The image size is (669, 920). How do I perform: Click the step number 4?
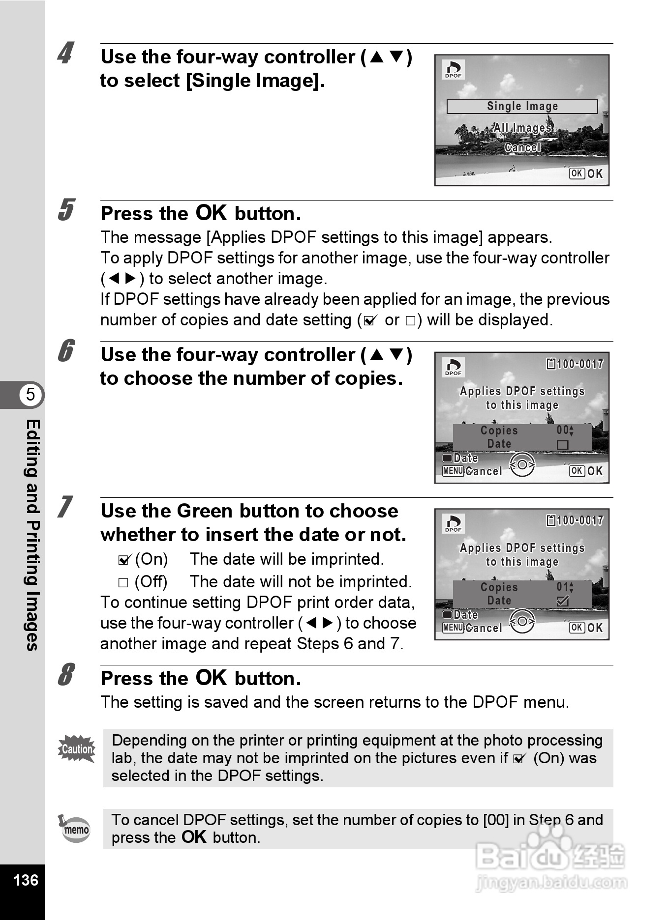coord(65,53)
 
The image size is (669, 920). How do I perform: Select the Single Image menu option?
coord(522,106)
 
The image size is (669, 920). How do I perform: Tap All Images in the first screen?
coord(522,128)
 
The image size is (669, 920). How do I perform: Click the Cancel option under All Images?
coord(522,147)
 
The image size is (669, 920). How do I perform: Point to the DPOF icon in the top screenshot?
coord(453,69)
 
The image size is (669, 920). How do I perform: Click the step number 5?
coord(65,210)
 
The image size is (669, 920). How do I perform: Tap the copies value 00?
coord(563,431)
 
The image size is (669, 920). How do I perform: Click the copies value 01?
coord(563,587)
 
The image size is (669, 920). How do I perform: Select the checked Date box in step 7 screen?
coord(562,601)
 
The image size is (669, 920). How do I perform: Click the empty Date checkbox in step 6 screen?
coord(562,445)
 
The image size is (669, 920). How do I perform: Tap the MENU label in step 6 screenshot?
coord(453,471)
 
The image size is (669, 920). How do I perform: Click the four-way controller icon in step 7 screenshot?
coord(522,621)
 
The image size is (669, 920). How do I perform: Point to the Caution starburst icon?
coord(77,749)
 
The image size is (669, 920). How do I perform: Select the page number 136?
coord(26,880)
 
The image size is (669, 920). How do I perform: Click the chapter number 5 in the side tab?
coord(30,394)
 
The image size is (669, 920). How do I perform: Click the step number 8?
coord(65,674)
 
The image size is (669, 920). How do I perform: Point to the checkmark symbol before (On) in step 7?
coord(124,560)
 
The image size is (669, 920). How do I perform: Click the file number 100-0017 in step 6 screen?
coord(579,364)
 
